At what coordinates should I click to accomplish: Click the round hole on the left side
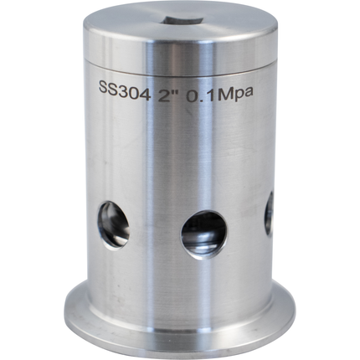pyautogui.click(x=113, y=224)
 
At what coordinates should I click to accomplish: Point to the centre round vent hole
pyautogui.click(x=203, y=233)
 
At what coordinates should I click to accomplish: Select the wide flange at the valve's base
pyautogui.click(x=180, y=322)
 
